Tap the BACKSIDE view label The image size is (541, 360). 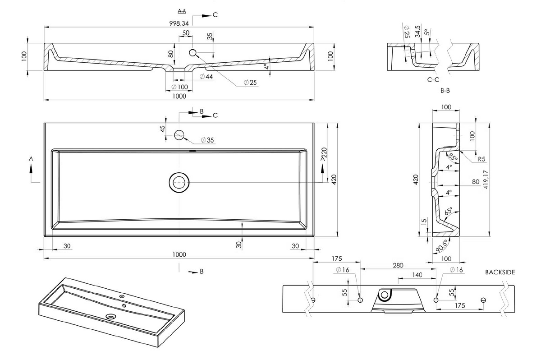click(500, 272)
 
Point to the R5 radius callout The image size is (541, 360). click(481, 159)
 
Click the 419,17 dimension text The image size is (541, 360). click(497, 178)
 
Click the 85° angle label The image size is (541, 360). click(451, 157)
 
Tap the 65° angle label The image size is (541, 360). click(449, 212)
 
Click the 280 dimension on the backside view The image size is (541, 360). click(398, 266)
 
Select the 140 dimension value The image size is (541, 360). click(417, 275)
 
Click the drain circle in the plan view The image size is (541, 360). click(179, 182)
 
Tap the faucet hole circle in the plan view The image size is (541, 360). click(179, 134)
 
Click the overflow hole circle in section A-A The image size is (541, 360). click(193, 53)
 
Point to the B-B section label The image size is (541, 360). click(445, 91)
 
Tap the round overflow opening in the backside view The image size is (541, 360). click(385, 295)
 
